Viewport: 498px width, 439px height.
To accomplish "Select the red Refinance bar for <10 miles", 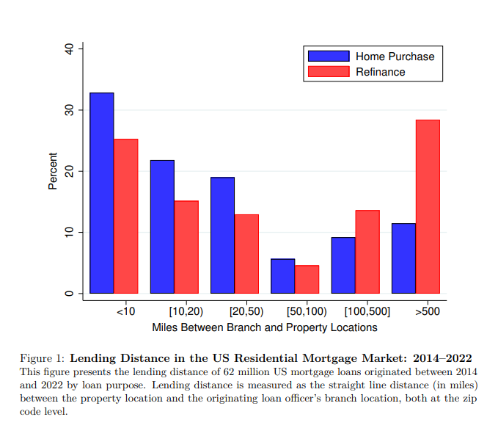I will (126, 216).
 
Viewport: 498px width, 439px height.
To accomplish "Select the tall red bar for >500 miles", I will (428, 206).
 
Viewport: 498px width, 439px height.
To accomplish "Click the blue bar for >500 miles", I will (403, 258).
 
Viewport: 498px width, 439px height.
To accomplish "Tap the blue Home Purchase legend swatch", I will (329, 57).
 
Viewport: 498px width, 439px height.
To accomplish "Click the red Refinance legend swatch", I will (329, 71).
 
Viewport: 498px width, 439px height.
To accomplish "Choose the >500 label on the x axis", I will (428, 311).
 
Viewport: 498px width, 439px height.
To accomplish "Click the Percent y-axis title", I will (53, 171).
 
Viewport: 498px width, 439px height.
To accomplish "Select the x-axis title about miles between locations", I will (265, 327).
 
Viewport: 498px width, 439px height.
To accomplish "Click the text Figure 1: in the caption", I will (43, 358).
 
